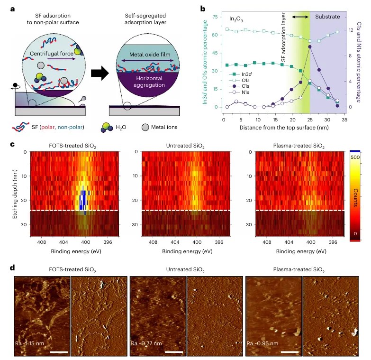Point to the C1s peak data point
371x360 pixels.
[x=310, y=46]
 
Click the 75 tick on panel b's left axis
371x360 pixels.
[x=215, y=17]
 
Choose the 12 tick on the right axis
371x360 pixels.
[x=351, y=30]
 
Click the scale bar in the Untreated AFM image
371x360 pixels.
[x=174, y=352]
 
